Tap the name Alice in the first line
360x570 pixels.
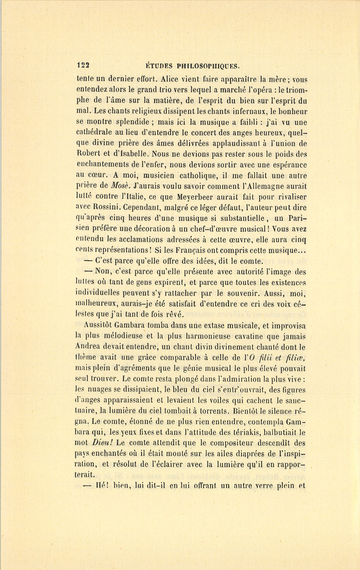pos(172,79)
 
